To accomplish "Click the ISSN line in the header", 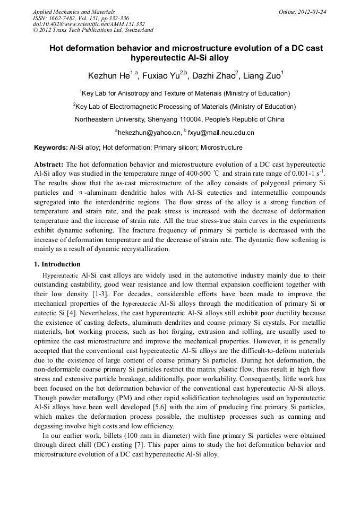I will tap(77, 18).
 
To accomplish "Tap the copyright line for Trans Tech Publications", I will tap(93, 30).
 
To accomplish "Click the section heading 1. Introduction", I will tap(57, 264).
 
